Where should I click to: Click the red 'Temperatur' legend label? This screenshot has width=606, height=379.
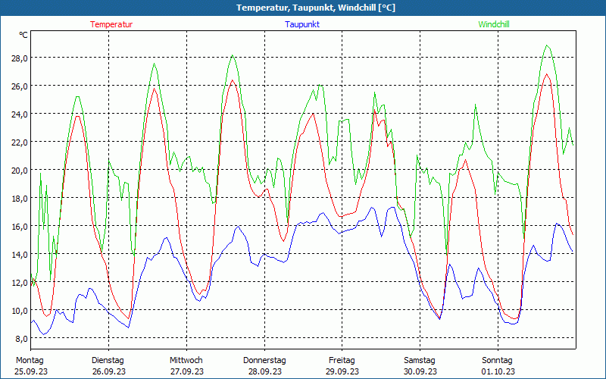pos(111,24)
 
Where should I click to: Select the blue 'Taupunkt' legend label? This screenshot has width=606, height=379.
pos(302,24)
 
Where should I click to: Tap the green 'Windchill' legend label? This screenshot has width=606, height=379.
pos(494,24)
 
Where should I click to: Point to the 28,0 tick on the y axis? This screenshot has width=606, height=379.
pos(19,58)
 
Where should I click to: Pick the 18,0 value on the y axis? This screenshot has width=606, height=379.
pos(19,198)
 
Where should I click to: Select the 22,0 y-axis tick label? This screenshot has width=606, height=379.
pos(19,142)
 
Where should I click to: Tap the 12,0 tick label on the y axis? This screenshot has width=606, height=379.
pos(19,282)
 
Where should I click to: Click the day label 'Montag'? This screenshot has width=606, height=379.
pos(30,360)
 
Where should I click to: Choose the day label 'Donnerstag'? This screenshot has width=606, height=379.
pos(264,360)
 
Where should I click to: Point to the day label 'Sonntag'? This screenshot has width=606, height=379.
pos(498,360)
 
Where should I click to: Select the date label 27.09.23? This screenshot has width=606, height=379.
pos(186,371)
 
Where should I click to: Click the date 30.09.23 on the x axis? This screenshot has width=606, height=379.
pos(420,371)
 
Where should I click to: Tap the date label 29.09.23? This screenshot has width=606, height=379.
pos(342,371)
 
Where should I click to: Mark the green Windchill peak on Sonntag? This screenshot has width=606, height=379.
pos(547,45)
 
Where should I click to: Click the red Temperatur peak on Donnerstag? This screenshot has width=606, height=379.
pos(233,80)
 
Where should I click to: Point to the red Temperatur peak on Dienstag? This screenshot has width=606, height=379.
pos(155,89)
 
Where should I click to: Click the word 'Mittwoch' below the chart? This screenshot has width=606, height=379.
pos(186,360)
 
